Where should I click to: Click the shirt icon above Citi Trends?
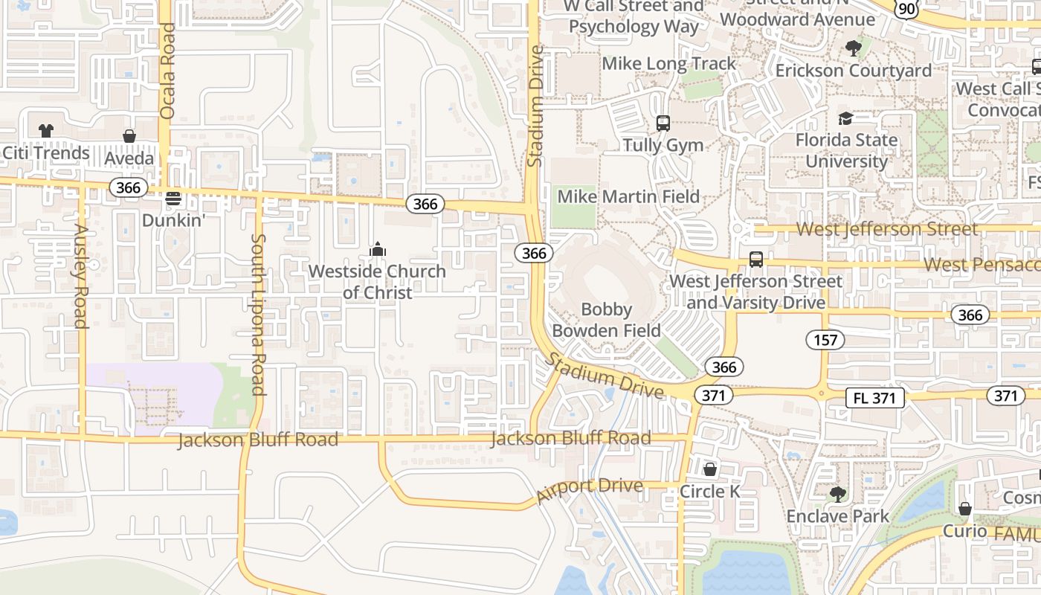(x=46, y=131)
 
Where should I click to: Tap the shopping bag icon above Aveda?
(x=129, y=136)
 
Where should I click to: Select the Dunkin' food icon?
(x=173, y=199)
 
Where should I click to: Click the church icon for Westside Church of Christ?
(x=378, y=248)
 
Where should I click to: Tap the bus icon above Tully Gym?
(x=663, y=123)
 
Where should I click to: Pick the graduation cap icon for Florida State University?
(x=845, y=118)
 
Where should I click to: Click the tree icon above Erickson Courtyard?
(x=853, y=48)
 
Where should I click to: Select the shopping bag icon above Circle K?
(x=710, y=469)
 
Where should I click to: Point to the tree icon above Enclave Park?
(x=838, y=494)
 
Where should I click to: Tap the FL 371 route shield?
(x=874, y=398)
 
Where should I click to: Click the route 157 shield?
(x=825, y=341)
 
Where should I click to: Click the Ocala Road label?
(x=167, y=71)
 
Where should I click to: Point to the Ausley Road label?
(x=80, y=276)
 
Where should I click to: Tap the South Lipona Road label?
(x=258, y=315)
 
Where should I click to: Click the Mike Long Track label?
(x=668, y=64)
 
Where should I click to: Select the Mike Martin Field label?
(x=628, y=196)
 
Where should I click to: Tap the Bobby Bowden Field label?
(x=605, y=320)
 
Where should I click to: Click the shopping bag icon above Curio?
(x=964, y=509)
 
